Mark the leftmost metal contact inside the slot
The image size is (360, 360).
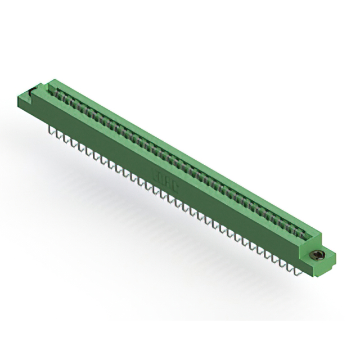[58, 96]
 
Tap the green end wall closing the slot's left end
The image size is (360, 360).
[52, 87]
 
